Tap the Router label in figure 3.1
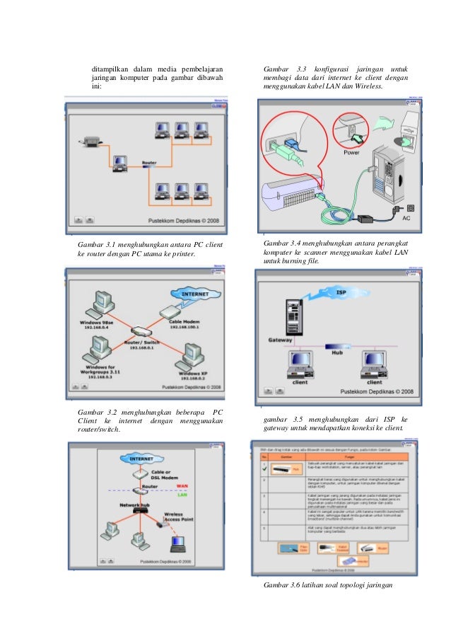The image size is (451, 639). (149, 163)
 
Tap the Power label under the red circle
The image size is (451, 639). (351, 152)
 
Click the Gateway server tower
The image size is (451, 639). (293, 316)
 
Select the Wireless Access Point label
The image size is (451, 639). (177, 518)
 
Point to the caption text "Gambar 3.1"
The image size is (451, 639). (94, 245)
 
